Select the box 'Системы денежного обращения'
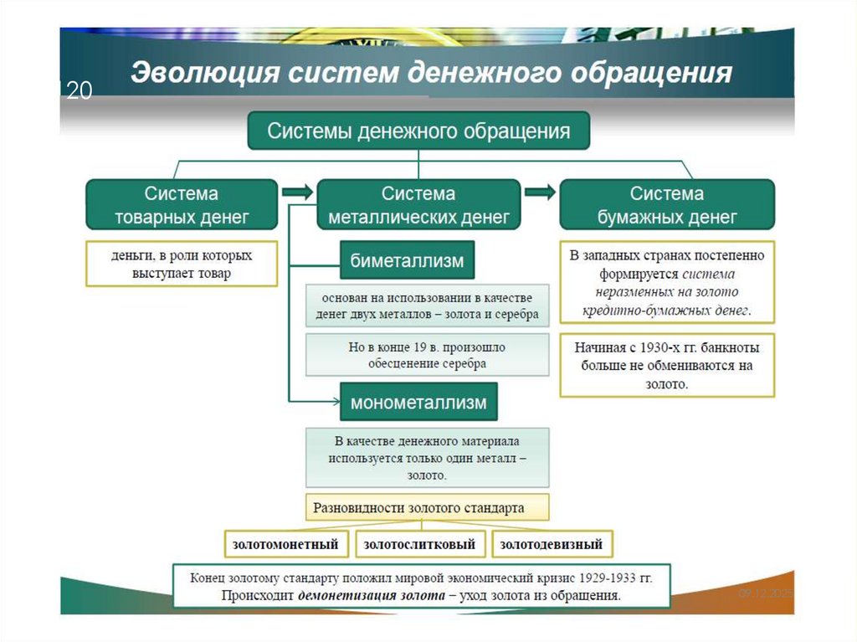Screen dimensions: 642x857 418,131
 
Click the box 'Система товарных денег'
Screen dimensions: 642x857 182,205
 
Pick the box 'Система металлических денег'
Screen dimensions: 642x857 418,205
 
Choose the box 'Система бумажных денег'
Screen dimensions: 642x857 667,205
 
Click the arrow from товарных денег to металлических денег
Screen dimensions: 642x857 296,193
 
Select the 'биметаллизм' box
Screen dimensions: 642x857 407,261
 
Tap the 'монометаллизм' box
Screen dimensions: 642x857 418,403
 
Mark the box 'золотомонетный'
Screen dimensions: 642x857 286,545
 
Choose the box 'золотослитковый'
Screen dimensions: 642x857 419,545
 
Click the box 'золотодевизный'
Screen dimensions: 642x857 552,545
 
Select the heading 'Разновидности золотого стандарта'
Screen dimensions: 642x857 418,507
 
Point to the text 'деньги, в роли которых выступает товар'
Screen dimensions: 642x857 181,264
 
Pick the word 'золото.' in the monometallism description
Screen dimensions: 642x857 427,475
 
